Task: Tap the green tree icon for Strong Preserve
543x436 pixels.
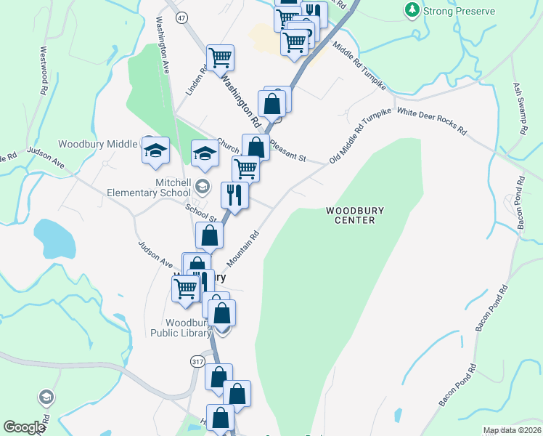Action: (412, 10)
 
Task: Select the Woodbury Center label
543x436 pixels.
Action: (354, 215)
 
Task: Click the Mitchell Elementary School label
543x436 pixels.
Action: (152, 188)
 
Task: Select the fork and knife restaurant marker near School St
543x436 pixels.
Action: (234, 195)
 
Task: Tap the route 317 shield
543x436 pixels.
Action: (196, 361)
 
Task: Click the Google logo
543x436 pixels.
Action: (24, 427)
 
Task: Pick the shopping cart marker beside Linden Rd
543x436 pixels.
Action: (220, 57)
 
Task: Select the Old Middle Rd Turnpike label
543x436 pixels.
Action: (360, 134)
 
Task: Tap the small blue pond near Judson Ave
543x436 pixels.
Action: (54, 238)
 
